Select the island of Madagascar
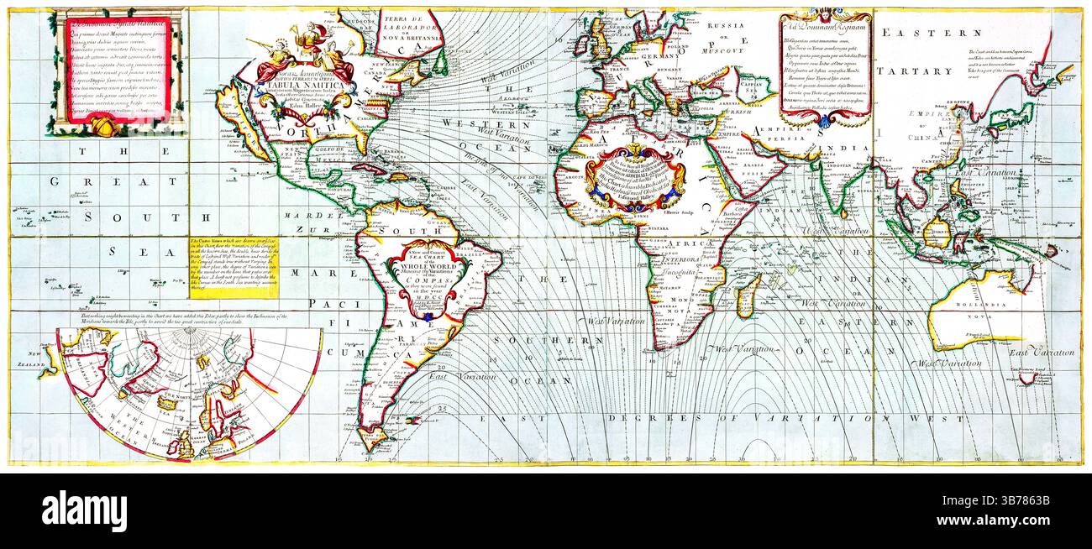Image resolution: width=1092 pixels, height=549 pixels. coord(747,296)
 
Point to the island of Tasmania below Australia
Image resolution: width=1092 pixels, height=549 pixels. coord(1026,379)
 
